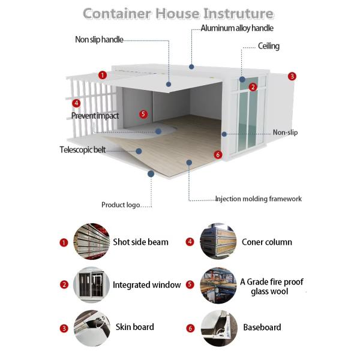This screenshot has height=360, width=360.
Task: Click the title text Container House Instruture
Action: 178,13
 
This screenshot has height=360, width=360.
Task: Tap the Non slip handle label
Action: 99,40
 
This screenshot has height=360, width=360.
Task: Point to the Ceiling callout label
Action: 268,46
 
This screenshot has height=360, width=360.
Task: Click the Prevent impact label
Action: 95,115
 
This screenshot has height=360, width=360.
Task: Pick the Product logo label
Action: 121,205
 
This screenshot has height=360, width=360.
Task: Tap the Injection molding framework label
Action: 258,199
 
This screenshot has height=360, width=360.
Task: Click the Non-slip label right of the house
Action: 285,133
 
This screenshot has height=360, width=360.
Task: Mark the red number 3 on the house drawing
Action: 292,76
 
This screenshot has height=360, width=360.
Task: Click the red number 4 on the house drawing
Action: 76,103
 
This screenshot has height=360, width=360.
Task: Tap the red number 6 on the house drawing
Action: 218,155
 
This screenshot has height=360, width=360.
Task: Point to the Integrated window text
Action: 146,285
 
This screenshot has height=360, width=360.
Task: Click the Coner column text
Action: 266,242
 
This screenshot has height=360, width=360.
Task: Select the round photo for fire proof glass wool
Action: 217,286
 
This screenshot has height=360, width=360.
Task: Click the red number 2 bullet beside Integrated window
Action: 64,285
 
